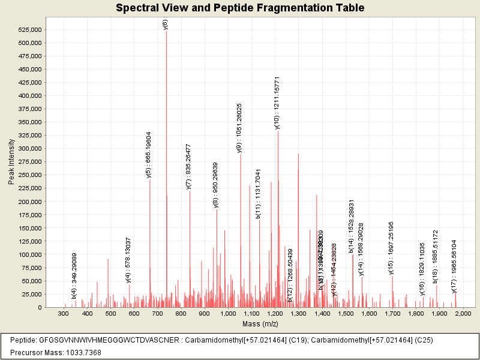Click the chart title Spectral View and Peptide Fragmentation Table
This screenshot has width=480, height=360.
coord(240,8)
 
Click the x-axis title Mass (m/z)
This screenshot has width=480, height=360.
coord(260,324)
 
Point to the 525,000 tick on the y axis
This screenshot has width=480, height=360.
coord(28,29)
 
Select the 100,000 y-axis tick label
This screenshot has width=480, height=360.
coord(28,254)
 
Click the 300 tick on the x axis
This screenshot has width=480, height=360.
coord(63,314)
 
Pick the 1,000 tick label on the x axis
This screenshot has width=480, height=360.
coord(227,314)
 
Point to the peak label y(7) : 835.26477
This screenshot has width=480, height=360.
coord(189,167)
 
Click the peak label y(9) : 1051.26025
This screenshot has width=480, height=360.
coord(239,128)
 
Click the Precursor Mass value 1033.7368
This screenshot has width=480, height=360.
coord(76,352)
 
